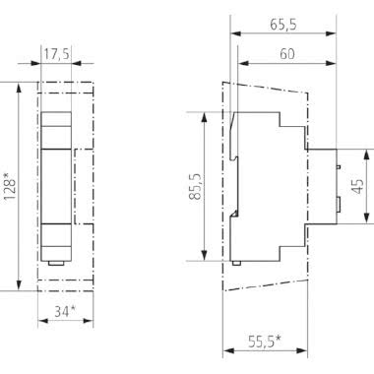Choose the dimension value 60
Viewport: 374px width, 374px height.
click(284, 57)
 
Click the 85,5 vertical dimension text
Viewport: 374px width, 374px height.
click(196, 187)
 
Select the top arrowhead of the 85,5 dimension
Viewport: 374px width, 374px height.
click(206, 114)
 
